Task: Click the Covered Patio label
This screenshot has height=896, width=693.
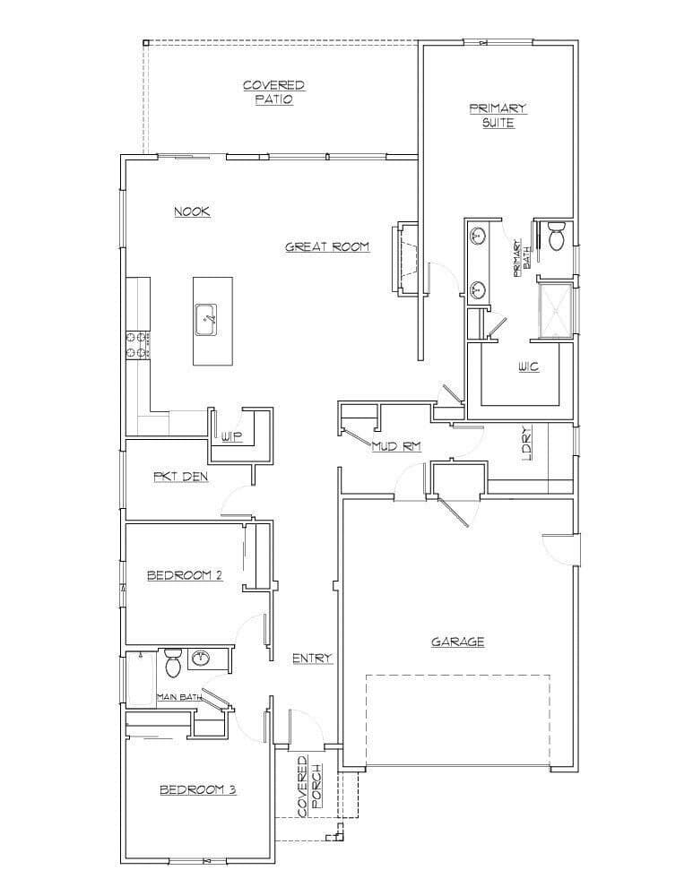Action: pos(274,92)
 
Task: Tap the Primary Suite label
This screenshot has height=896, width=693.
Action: pos(498,116)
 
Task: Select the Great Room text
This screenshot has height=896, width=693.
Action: pos(327,247)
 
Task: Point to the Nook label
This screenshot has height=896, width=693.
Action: pos(192,211)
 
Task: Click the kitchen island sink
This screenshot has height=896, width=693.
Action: pos(205,320)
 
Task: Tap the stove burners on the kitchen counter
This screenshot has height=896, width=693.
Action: pos(137,346)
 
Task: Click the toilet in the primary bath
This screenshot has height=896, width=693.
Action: pos(556,237)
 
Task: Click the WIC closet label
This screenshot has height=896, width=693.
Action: pos(528,366)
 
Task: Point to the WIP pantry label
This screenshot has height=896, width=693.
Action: pos(231,437)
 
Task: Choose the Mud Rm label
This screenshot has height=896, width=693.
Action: pos(397,446)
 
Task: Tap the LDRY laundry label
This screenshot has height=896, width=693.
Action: pos(526,443)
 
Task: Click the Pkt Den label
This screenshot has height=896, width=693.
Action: pos(180,476)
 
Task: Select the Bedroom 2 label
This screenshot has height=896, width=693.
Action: pos(185,575)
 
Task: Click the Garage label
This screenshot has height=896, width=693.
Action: pos(457,642)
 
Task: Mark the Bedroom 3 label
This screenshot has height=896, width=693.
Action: pos(198,790)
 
